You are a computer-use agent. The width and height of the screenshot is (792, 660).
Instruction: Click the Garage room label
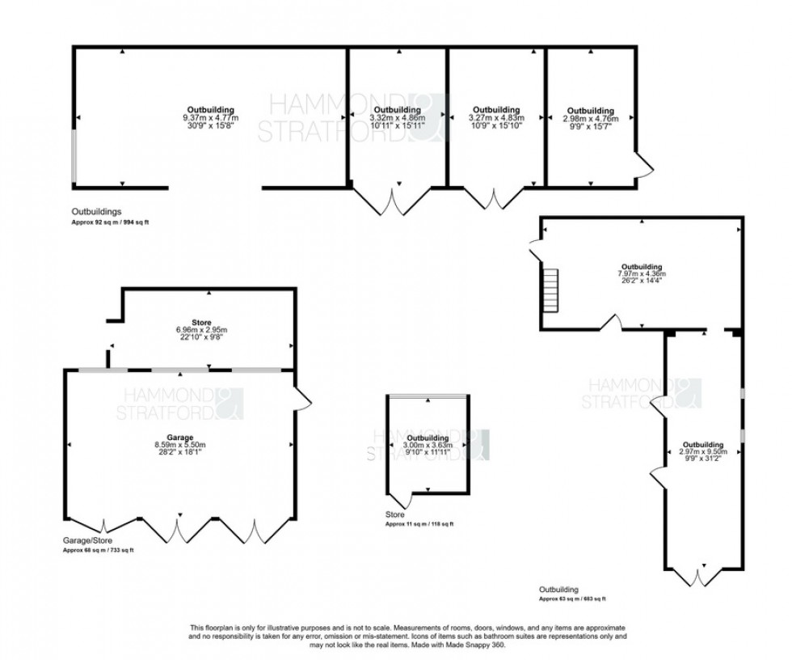tap(179, 437)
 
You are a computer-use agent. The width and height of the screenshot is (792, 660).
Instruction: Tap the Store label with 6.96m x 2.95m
tap(208, 322)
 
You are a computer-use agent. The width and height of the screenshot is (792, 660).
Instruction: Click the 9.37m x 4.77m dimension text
tap(211, 117)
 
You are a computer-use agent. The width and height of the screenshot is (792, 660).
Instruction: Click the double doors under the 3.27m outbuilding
tap(495, 201)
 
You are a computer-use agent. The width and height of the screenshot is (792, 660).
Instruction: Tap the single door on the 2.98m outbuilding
tap(644, 167)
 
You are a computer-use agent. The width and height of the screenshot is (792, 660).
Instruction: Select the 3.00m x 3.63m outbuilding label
tap(428, 438)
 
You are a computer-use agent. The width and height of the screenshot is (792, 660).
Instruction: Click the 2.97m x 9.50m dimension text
tap(703, 451)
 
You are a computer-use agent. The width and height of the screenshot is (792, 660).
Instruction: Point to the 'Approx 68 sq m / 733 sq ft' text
tap(99, 550)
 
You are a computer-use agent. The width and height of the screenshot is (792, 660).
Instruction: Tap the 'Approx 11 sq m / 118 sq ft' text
tap(419, 524)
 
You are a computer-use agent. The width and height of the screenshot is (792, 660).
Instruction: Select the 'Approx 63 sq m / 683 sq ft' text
tap(572, 599)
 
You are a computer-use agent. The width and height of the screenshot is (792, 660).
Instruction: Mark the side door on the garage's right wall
tap(303, 399)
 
